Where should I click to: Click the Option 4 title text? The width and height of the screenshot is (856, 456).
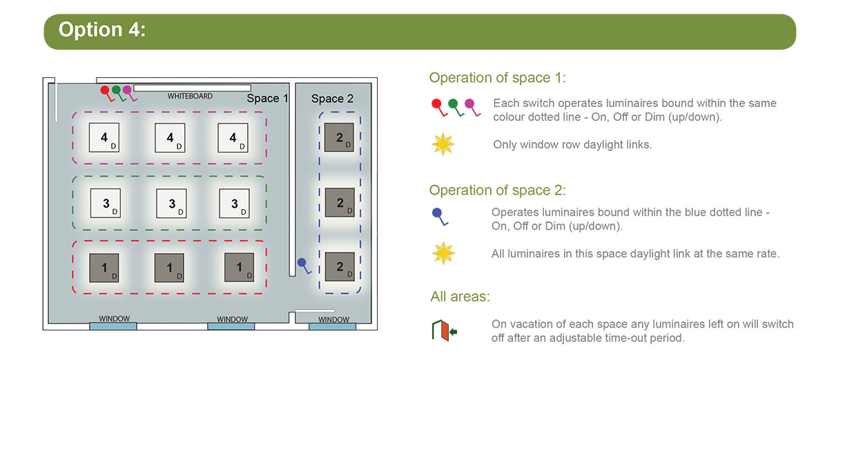102,30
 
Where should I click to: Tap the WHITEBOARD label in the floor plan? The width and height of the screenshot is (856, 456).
190,97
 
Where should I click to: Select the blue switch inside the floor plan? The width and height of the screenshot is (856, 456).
304,266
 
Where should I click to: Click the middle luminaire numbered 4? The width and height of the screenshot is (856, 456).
170,137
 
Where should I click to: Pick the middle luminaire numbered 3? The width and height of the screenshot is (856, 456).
172,204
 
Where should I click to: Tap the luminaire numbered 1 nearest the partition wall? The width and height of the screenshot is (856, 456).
240,268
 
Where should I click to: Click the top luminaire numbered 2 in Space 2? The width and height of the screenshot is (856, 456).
339,137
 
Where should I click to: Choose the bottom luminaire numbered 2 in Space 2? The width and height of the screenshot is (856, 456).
340,266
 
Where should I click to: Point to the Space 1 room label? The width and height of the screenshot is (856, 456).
267,99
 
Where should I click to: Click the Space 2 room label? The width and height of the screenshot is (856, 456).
332,99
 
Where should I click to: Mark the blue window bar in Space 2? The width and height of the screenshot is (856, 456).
333,326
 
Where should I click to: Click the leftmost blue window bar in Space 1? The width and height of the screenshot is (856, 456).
113,326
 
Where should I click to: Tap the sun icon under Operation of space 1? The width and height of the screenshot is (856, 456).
443,144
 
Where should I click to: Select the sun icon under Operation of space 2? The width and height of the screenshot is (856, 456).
443,253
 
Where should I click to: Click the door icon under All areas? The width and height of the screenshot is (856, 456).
444,330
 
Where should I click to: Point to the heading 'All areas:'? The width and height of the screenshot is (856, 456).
460,297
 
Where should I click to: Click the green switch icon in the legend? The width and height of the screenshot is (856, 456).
456,108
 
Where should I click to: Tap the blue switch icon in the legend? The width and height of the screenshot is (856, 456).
440,217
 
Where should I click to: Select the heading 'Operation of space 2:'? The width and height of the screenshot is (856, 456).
497,190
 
